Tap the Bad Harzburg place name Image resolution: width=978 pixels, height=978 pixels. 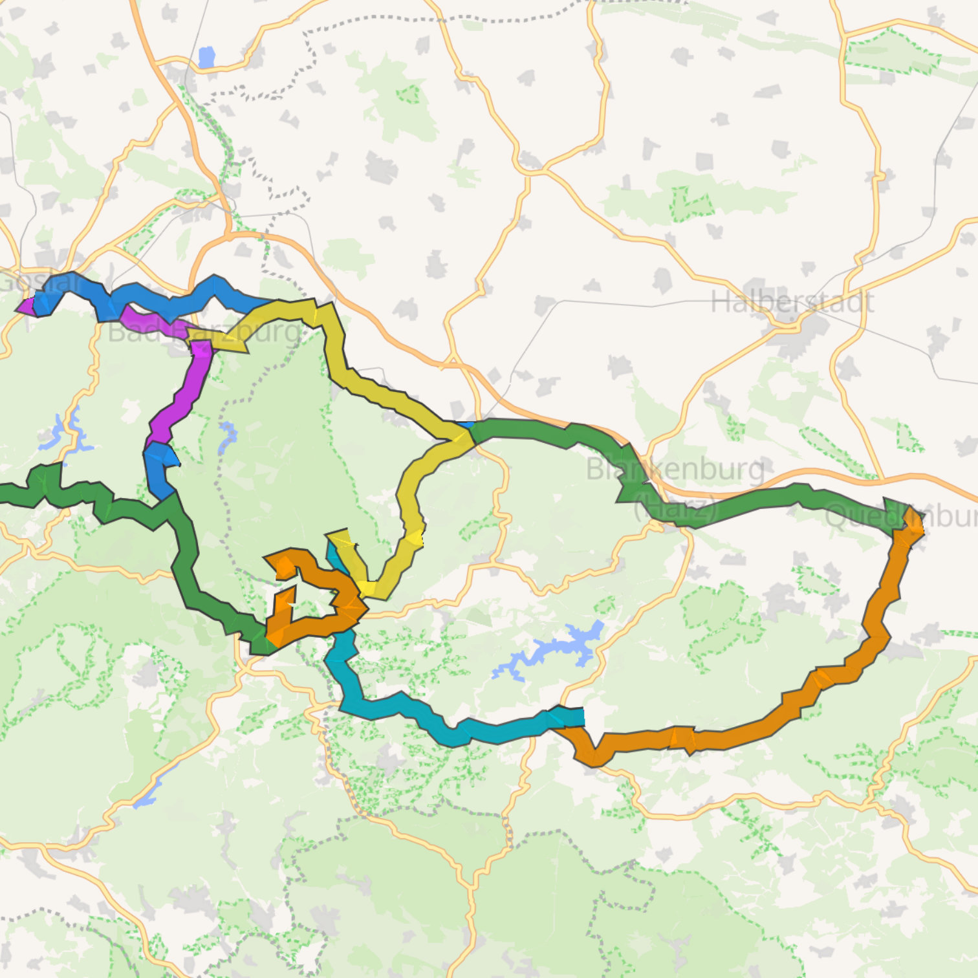pyautogui.click(x=204, y=332)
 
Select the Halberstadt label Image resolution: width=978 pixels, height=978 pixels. pyautogui.click(x=792, y=302)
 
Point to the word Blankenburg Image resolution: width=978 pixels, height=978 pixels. pyautogui.click(x=675, y=469)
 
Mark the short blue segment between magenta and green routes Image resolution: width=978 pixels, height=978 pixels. pyautogui.click(x=158, y=469)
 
